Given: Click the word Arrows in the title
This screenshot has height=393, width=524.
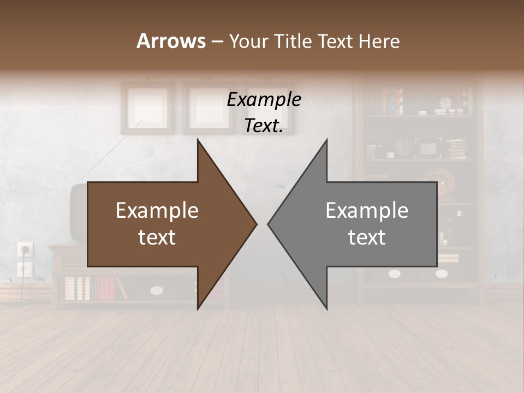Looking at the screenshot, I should tap(171, 41).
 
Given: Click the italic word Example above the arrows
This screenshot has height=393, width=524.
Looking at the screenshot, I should tap(264, 100).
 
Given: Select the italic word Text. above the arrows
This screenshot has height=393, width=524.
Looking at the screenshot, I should tap(264, 126).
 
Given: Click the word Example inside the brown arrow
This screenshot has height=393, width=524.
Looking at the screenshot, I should tap(157, 210).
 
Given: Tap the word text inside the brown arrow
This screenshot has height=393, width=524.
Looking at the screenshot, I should tap(157, 237).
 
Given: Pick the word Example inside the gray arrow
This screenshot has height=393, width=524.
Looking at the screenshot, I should tap(367, 210).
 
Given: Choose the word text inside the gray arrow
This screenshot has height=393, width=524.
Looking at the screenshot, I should tap(367, 237).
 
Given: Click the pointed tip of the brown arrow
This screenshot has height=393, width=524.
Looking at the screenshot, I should tap(256, 223).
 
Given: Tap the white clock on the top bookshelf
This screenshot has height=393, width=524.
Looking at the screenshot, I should tap(446, 103).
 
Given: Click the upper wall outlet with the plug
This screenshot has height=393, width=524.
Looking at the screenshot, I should tap(25, 249).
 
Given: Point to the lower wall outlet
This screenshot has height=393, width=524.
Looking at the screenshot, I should tap(25, 269).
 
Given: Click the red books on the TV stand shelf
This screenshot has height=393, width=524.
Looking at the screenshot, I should tap(106, 288).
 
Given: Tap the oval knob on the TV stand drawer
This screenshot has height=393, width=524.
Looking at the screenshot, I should tap(157, 290).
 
